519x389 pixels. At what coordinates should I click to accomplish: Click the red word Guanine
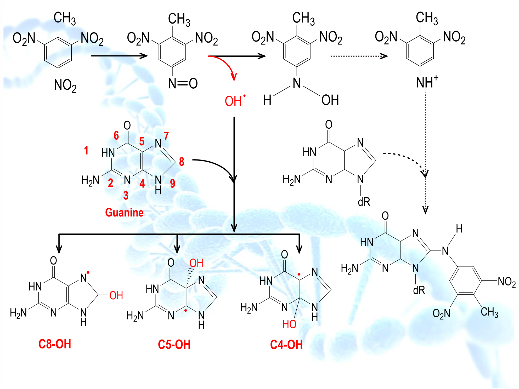click(124, 212)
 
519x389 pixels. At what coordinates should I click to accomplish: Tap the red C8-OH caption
click(55, 344)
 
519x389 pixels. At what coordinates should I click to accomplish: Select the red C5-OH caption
click(174, 345)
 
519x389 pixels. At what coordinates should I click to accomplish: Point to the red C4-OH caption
click(286, 345)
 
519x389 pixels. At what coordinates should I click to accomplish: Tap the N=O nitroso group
click(183, 83)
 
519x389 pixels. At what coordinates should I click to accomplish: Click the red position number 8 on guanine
click(182, 162)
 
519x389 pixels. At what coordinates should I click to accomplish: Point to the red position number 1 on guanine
click(86, 150)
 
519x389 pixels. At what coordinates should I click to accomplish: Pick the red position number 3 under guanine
click(126, 196)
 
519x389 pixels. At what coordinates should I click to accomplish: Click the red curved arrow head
click(234, 77)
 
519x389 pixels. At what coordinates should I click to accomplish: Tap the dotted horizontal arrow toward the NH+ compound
click(359, 56)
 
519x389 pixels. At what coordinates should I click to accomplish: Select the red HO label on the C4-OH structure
click(289, 324)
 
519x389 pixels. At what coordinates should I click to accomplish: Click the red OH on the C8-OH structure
click(116, 296)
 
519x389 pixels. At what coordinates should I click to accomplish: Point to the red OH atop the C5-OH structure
click(196, 263)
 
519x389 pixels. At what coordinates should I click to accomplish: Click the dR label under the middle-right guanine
click(364, 202)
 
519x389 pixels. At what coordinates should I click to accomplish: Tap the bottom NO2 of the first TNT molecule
click(65, 85)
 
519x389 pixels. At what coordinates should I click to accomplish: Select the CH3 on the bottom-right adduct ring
click(489, 312)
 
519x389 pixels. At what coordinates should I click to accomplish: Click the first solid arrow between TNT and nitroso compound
click(120, 56)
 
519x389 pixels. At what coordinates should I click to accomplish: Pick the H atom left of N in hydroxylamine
click(267, 100)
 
